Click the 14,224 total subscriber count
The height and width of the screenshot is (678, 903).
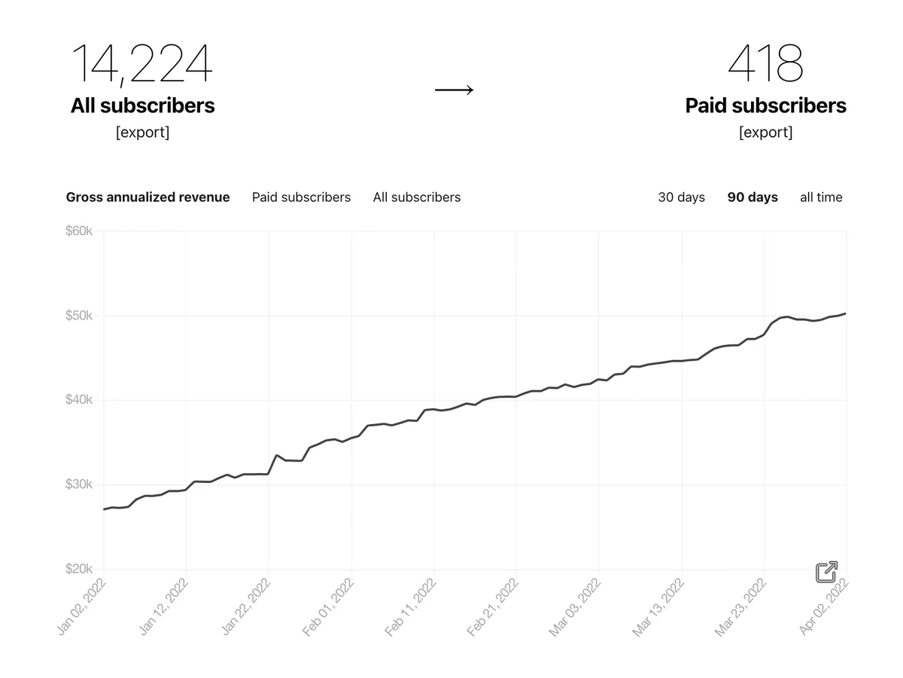(142, 64)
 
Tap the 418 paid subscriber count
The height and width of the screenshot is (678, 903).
(765, 63)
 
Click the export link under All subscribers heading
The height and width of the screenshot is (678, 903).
(142, 132)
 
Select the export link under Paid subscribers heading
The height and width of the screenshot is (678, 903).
(765, 132)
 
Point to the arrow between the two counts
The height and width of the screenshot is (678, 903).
(455, 90)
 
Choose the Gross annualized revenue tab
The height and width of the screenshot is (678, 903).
(147, 197)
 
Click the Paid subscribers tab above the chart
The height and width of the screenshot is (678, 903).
(301, 197)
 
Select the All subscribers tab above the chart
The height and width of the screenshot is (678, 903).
(417, 197)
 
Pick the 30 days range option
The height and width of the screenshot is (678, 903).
(681, 197)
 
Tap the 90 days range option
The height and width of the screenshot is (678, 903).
(752, 197)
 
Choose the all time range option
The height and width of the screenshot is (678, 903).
(821, 197)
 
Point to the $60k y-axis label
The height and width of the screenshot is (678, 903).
(79, 231)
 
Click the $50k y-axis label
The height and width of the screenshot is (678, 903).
(79, 316)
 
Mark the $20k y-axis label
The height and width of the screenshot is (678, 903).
(79, 569)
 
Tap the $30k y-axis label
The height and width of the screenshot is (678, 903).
(79, 484)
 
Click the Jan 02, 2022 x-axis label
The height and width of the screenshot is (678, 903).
(81, 606)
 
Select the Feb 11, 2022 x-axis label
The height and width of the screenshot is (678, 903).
(410, 607)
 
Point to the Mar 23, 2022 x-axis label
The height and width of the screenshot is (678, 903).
(740, 607)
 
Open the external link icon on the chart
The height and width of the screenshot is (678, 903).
(826, 572)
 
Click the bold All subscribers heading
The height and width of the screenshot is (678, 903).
(142, 105)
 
